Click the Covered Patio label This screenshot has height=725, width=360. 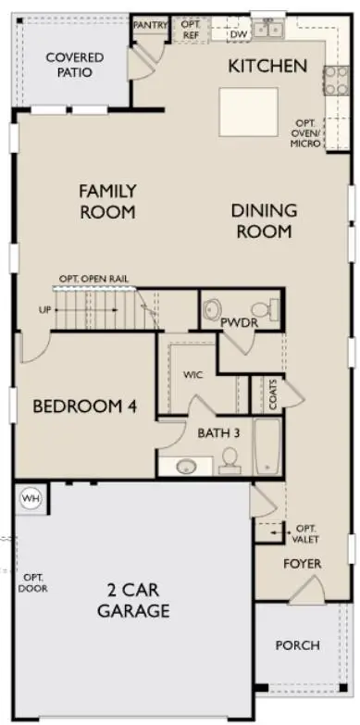74,65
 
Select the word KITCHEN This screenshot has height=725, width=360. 267,66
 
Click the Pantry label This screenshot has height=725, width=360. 150,25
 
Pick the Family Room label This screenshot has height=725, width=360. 107,202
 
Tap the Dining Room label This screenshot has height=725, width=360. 264,221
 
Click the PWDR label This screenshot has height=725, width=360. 238,322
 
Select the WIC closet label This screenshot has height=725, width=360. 192,375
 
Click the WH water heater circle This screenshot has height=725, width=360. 31,499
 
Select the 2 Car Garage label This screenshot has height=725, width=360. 136,599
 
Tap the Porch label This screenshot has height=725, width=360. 298,645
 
